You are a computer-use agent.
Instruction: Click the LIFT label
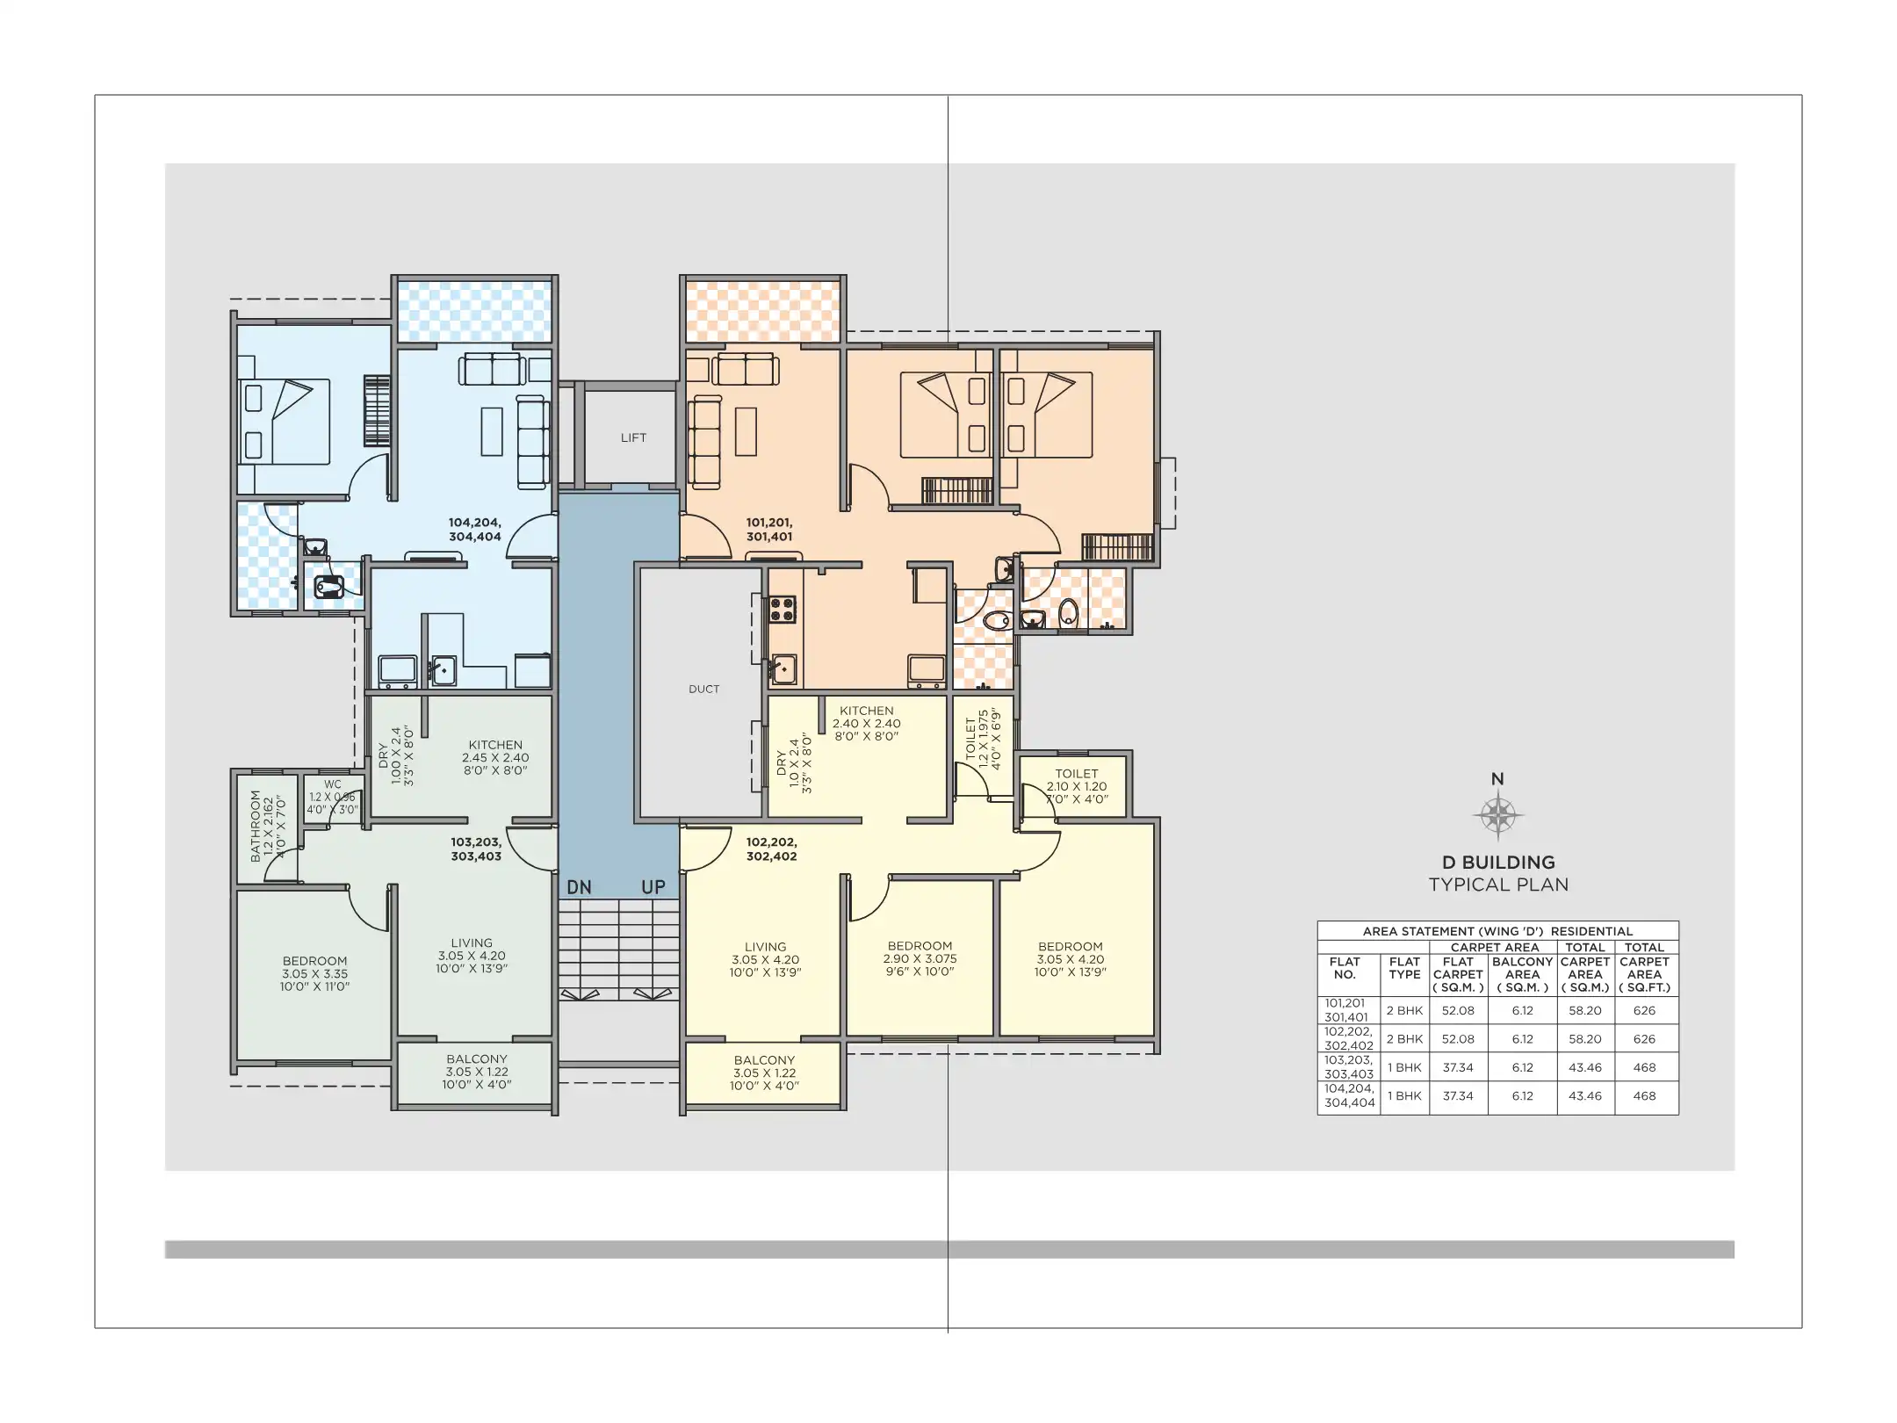633,437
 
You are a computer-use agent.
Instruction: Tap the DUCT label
704,690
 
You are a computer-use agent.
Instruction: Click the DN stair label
579,887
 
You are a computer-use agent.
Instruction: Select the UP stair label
653,887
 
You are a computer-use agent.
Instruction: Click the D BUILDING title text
1498,863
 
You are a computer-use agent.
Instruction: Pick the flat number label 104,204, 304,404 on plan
475,530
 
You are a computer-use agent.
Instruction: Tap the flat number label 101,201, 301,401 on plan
769,530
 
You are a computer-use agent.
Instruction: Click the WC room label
333,784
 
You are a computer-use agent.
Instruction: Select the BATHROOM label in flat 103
256,826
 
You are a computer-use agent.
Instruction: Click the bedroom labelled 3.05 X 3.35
314,973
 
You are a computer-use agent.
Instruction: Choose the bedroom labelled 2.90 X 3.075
920,958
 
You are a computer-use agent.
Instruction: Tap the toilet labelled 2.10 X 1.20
1077,786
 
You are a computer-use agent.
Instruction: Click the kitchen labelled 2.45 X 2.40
495,757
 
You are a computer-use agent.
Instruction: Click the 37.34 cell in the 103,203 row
1458,1067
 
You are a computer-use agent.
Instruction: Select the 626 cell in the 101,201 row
1644,1010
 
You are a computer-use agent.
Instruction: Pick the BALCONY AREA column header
1522,974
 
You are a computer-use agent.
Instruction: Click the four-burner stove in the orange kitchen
783,609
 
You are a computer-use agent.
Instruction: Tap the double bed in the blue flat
284,422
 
